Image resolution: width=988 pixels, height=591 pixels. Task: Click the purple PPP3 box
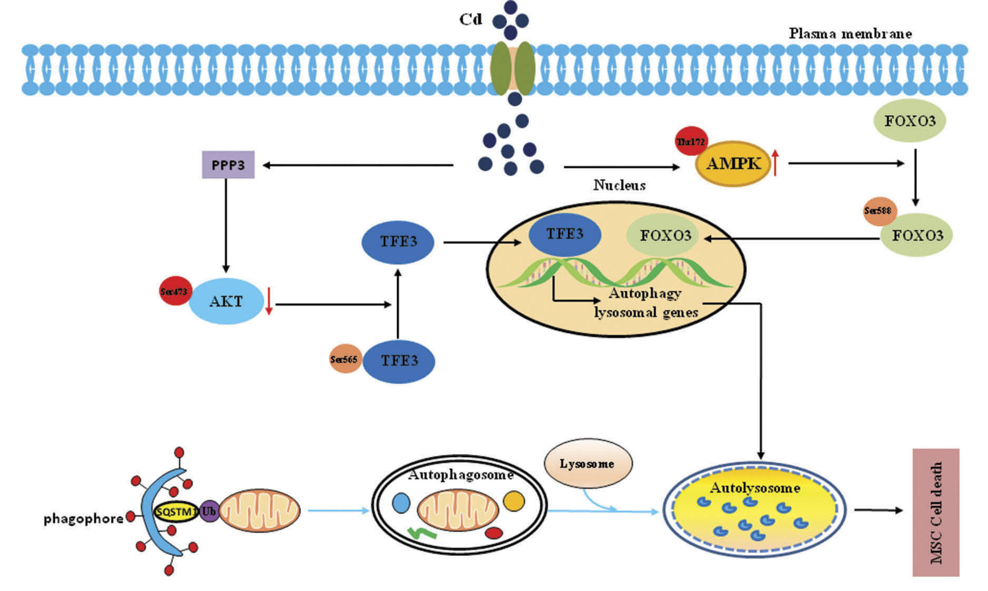click(x=228, y=165)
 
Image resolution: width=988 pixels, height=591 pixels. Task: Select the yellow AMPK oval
click(x=733, y=164)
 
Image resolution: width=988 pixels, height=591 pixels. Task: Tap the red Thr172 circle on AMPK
click(x=691, y=141)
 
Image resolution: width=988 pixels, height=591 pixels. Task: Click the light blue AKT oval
click(x=226, y=301)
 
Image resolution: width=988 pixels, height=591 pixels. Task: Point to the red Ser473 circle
click(x=174, y=291)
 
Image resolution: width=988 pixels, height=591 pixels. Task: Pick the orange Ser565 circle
click(x=345, y=359)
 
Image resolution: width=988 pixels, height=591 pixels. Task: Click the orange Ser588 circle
click(x=879, y=211)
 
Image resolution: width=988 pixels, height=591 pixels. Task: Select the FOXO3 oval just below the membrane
click(x=910, y=120)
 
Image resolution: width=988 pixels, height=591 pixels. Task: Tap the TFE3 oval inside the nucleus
click(x=564, y=235)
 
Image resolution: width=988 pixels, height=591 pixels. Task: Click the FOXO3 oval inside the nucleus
click(x=664, y=235)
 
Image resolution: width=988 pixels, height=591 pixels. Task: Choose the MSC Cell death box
click(x=936, y=512)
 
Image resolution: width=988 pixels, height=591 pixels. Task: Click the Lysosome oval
click(x=588, y=463)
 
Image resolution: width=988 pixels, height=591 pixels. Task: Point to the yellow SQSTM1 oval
click(x=176, y=511)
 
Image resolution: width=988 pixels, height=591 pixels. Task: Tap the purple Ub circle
click(x=209, y=511)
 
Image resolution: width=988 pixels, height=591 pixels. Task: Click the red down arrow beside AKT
click(x=269, y=301)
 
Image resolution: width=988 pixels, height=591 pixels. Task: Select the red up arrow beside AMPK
click(x=775, y=162)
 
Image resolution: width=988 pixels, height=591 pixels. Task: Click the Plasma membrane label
click(x=850, y=34)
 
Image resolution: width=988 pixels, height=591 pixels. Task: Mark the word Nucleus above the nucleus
click(x=619, y=185)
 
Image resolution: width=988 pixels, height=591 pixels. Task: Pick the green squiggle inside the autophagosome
click(x=422, y=533)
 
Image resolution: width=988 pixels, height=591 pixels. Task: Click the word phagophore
click(x=83, y=518)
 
